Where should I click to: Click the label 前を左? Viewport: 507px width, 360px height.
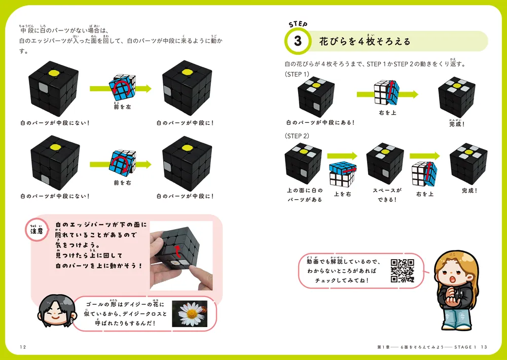tap(122, 107)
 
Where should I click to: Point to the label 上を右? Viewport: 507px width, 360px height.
tap(342, 194)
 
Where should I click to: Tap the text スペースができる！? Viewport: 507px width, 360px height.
tap(387, 195)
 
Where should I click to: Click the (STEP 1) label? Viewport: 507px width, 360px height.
tap(297, 74)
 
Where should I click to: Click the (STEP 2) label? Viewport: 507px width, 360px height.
tap(297, 136)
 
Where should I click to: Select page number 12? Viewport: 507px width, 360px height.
tap(23, 347)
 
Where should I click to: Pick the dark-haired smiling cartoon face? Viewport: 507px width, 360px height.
tap(54, 309)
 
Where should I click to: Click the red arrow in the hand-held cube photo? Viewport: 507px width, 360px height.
tap(177, 251)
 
